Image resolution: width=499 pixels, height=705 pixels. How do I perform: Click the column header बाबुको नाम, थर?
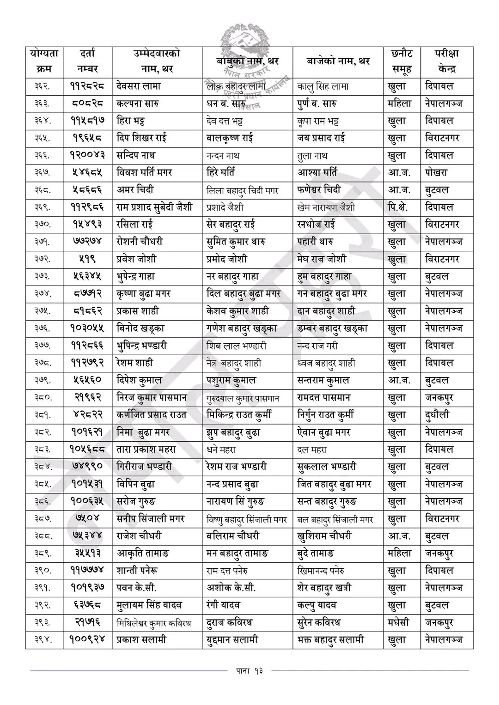coord(247,61)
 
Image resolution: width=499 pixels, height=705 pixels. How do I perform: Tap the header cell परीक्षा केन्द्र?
coord(446,61)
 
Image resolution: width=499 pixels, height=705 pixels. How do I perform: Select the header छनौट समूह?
coord(401,61)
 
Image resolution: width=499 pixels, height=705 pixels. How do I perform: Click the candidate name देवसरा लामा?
coord(139,86)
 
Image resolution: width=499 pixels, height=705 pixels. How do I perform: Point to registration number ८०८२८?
coord(87,103)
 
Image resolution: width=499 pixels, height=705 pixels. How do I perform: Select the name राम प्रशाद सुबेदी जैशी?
coord(155,207)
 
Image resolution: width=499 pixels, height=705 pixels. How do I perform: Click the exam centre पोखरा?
coord(436,173)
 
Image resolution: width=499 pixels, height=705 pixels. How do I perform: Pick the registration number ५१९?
coord(87,259)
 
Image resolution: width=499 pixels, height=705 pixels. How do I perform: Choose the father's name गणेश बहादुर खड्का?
coord(242,328)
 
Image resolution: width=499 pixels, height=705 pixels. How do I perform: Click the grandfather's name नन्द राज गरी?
coord(318,346)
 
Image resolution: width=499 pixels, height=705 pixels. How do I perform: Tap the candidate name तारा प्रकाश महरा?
coord(146,450)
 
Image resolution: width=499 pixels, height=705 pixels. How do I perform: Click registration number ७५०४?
coord(87,519)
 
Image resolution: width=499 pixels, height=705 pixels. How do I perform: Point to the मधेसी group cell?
coord(400,623)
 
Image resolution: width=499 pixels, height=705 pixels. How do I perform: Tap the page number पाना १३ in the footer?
coord(249,670)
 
